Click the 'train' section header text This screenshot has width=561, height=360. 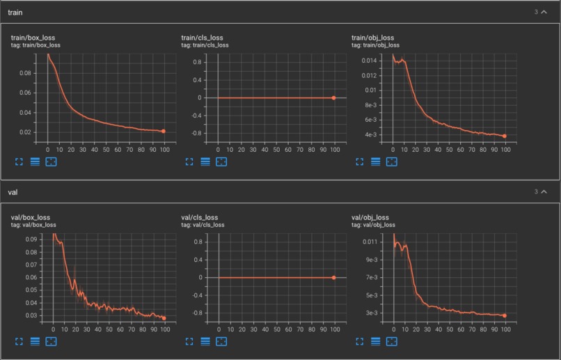tap(16, 12)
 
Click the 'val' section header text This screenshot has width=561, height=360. tap(13, 191)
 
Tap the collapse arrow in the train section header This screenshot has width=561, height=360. tap(544, 12)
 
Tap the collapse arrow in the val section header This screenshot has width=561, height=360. tap(544, 191)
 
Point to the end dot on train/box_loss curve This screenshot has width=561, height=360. tap(164, 131)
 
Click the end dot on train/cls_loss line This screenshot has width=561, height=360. tap(333, 97)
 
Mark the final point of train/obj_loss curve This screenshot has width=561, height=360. tap(504, 136)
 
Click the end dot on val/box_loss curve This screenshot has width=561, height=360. tap(164, 318)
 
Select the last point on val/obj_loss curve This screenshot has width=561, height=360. tap(504, 315)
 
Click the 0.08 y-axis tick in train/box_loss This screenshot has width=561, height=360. tap(26, 72)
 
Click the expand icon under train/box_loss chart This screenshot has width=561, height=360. tap(19, 162)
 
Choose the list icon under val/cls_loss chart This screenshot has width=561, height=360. tap(205, 341)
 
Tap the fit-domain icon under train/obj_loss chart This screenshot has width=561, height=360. tap(392, 162)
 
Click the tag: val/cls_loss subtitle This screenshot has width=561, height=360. tap(203, 225)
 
